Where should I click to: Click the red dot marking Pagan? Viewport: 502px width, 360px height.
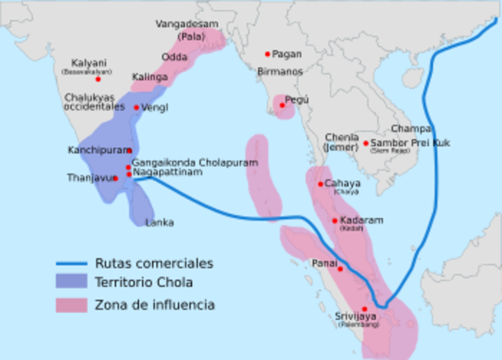267,54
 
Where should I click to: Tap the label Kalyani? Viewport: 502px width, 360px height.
89,63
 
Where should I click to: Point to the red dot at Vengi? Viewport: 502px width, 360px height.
136,107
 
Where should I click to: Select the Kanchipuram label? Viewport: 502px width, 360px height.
96,149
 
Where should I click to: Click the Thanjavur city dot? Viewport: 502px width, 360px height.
115,178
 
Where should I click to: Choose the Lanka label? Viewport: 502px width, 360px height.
159,223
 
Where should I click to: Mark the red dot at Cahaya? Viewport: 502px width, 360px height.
320,184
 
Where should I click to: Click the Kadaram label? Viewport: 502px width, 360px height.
358,220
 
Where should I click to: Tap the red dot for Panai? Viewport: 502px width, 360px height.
340,269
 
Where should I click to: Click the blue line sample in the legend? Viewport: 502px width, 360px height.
72,264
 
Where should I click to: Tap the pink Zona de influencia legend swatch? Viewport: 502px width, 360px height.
72,304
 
